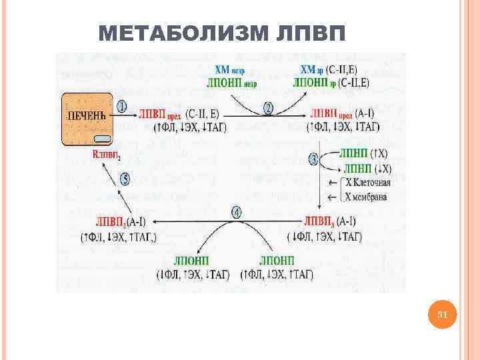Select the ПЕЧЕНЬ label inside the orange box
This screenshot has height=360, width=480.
tap(84, 115)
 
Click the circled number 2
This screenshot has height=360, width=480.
tap(268, 107)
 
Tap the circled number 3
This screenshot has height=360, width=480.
tap(316, 159)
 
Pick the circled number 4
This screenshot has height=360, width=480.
tap(236, 212)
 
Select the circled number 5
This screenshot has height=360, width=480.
tap(123, 178)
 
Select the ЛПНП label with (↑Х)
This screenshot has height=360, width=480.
tap(353, 153)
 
